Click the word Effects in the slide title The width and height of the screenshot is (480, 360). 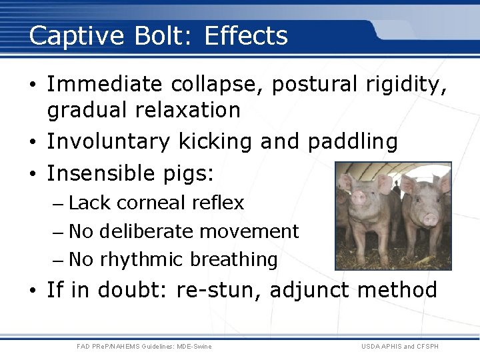tap(246, 35)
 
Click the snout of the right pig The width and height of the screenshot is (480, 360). tap(430, 219)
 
